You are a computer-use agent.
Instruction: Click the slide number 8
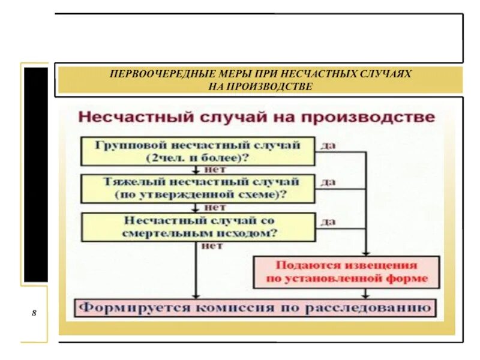[34, 314]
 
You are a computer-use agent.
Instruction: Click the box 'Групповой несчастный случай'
[197, 151]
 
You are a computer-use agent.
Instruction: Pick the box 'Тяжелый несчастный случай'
[197, 188]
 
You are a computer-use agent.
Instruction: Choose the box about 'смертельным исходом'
[197, 227]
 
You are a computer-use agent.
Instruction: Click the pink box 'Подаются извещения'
[347, 271]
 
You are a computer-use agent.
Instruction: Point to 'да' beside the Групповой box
[328, 146]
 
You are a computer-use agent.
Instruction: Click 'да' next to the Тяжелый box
[328, 182]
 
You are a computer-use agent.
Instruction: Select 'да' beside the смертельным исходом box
[328, 221]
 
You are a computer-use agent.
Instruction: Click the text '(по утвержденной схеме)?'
[197, 195]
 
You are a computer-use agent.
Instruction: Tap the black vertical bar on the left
[35, 174]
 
